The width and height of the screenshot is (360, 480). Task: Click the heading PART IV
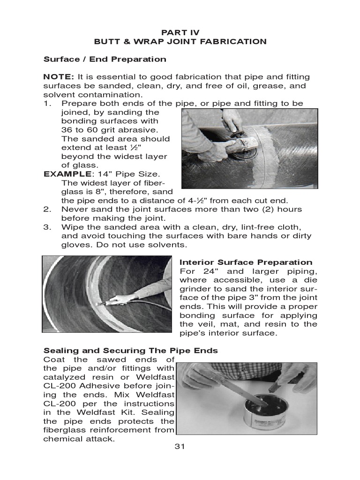tap(180, 32)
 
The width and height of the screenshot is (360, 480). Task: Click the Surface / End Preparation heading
tap(105, 59)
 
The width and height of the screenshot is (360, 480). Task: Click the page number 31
tap(180, 446)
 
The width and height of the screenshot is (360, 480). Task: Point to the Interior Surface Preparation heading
tap(246, 262)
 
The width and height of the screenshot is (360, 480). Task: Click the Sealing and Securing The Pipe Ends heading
tap(130, 351)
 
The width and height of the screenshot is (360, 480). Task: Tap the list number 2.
tap(46, 209)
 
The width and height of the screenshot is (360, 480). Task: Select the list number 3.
tap(46, 227)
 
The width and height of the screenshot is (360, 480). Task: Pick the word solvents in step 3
tap(169, 245)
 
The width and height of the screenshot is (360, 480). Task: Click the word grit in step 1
tap(103, 130)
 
